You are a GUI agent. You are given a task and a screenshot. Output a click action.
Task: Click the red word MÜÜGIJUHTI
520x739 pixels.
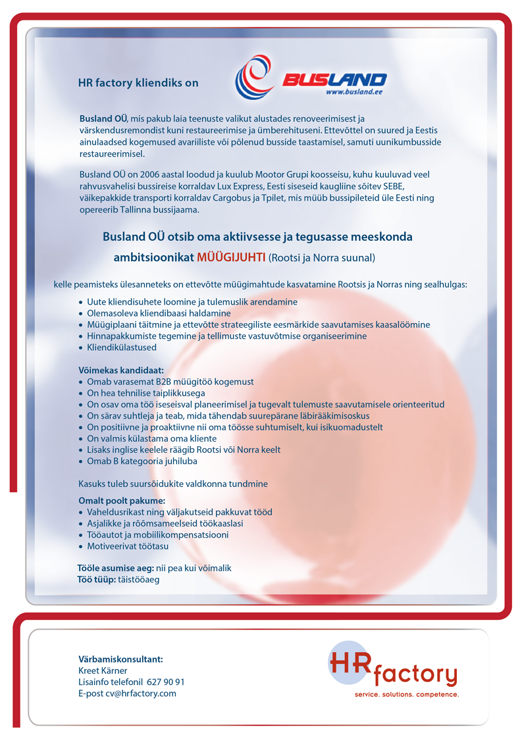coord(231,257)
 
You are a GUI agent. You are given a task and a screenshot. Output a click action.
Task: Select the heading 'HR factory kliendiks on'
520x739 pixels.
coord(138,83)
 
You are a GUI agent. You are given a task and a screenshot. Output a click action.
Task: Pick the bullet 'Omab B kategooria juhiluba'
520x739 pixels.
coord(142,461)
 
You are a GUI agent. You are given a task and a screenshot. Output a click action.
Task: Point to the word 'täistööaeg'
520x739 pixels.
coord(138,580)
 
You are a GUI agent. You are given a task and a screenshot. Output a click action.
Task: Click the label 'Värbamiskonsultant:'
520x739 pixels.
coord(120,659)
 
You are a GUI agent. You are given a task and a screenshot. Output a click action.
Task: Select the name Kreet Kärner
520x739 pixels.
coord(103,671)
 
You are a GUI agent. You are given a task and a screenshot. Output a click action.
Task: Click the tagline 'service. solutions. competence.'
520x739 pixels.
coord(407,694)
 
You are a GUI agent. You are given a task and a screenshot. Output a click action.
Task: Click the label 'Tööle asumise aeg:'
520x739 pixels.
coord(115,568)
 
